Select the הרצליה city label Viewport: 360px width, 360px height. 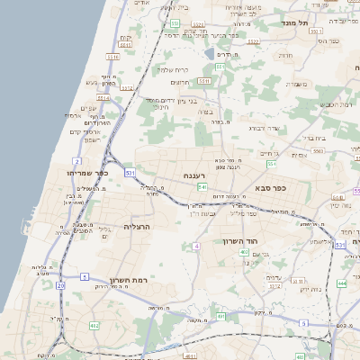140,227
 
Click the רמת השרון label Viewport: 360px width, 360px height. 128,281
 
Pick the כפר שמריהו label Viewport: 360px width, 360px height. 86,172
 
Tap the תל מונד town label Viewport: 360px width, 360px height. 294,22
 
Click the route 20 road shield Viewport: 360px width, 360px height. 60,285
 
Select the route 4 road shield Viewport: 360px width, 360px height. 195,246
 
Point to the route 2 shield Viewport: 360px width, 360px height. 77,162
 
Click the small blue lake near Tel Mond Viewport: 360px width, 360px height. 210,54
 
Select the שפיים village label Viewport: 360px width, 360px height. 88,109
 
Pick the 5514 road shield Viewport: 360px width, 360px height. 103,98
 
